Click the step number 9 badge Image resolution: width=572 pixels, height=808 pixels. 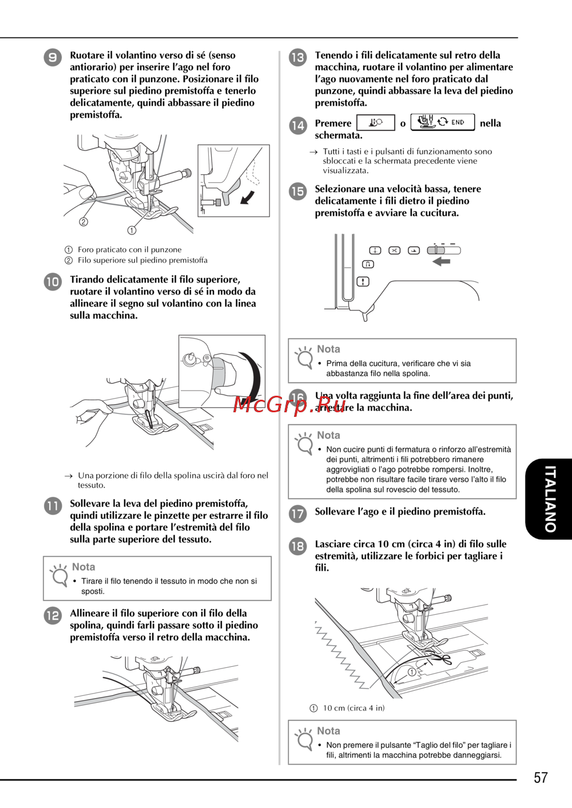53,57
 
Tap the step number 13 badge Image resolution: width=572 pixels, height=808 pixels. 297,57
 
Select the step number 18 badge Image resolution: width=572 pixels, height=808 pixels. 297,546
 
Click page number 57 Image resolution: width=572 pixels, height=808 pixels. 541,778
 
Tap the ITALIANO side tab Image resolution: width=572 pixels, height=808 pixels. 549,499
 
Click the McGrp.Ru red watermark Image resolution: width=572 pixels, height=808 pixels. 290,405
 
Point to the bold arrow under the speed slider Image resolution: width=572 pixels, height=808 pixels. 442,261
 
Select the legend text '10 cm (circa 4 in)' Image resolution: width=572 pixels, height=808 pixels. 353,708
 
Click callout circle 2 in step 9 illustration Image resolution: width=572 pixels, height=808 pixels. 84,222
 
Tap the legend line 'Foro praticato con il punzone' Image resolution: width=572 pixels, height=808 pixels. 129,250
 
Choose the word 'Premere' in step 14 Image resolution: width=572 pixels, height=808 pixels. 333,124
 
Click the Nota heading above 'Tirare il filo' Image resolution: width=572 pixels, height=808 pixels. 84,567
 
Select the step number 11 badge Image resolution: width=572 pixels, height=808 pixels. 53,506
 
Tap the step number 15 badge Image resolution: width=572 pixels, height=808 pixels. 297,191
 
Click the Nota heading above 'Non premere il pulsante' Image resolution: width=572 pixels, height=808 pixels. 328,731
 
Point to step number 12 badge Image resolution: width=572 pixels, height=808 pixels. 53,615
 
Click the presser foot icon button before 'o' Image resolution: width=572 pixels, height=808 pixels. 375,123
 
